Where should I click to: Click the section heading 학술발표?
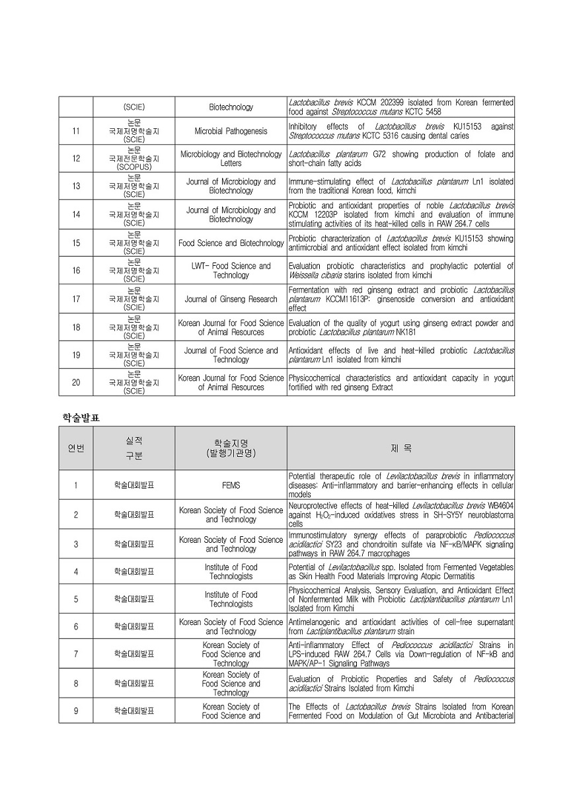[x=81, y=418]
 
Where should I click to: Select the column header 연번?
[x=76, y=448]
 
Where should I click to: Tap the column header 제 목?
[x=400, y=448]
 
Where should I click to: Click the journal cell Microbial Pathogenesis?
[x=231, y=131]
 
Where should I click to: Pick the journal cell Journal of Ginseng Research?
[x=231, y=299]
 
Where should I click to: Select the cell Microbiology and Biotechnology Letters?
[x=231, y=159]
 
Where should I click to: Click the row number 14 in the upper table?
[x=76, y=214]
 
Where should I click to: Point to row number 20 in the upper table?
[x=76, y=382]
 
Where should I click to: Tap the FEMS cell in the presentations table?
[x=231, y=485]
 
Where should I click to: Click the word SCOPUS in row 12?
[x=134, y=167]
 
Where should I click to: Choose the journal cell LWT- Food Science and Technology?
[x=231, y=270]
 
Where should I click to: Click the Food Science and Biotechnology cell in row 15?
[x=231, y=243]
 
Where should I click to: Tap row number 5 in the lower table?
[x=76, y=599]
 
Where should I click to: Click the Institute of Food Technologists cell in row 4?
[x=231, y=571]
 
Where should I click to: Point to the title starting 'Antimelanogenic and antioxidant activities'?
[x=400, y=627]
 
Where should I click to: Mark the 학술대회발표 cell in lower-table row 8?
[x=134, y=684]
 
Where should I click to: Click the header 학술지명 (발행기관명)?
[x=231, y=448]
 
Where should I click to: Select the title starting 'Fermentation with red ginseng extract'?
[x=400, y=299]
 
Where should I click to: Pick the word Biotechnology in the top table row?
[x=231, y=107]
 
